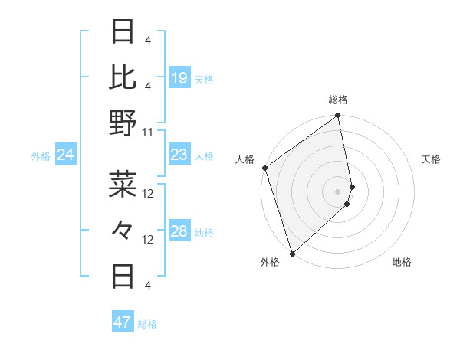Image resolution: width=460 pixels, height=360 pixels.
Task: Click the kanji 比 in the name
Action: [x=123, y=77]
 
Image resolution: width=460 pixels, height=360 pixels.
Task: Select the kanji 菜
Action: [x=123, y=184]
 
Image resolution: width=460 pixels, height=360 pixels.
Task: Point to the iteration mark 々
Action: [x=123, y=228]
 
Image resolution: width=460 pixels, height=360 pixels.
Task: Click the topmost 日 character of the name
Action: [x=123, y=31]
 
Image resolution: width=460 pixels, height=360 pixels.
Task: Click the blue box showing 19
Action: [x=179, y=78]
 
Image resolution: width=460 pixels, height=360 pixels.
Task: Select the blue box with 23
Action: [x=179, y=155]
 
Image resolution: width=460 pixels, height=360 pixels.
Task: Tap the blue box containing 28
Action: [x=179, y=232]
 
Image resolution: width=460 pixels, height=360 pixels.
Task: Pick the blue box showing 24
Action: [x=66, y=155]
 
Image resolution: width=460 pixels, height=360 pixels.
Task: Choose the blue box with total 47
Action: [x=123, y=322]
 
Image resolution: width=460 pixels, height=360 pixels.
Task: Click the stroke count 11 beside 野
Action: [x=148, y=132]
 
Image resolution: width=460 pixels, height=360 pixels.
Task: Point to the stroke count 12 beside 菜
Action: [x=149, y=193]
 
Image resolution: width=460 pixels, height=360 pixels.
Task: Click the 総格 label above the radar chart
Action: [x=338, y=100]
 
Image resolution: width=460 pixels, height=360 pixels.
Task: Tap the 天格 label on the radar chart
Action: [x=431, y=159]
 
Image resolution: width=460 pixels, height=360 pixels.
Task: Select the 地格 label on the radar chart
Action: [x=402, y=262]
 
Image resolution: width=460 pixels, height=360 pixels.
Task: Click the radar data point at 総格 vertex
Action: [x=338, y=116]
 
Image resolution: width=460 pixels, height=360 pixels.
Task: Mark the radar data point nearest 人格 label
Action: [x=264, y=168]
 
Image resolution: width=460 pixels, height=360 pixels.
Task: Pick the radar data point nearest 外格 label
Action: [x=292, y=253]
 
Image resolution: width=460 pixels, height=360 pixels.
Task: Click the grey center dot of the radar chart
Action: [x=338, y=190]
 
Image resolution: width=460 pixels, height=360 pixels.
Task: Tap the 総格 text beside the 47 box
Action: [x=147, y=324]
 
